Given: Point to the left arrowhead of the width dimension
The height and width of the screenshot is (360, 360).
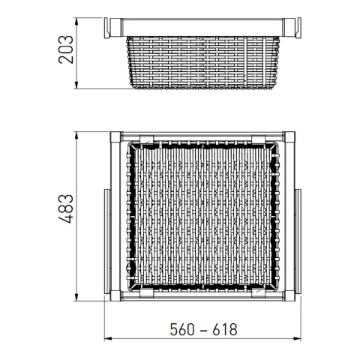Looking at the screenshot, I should click(106, 339).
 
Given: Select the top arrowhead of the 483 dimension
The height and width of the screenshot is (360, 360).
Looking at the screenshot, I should click(77, 136).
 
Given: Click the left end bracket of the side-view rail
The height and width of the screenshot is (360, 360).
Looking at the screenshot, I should click(112, 28).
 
